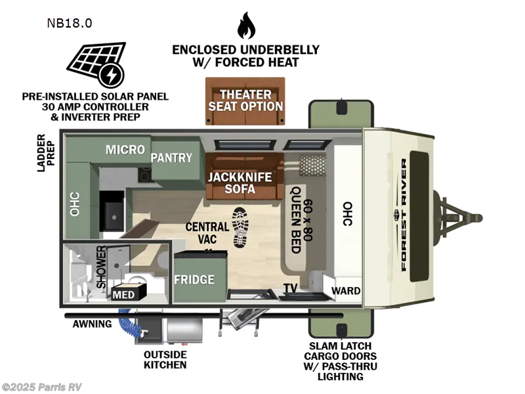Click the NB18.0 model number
(69, 23)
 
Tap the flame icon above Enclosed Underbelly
(245, 26)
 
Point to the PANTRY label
(172, 158)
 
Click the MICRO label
(125, 150)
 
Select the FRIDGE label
(194, 279)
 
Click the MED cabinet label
(123, 294)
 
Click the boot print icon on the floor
(240, 227)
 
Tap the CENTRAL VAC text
(207, 233)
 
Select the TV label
(289, 288)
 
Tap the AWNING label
(92, 324)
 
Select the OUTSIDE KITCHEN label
(166, 359)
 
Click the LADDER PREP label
(45, 152)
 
